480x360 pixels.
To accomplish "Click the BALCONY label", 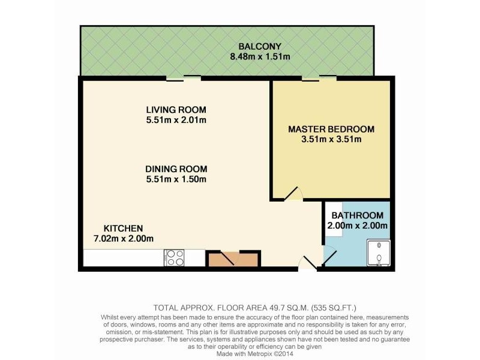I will point(260,47).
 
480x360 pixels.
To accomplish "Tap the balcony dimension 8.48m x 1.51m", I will point(260,57).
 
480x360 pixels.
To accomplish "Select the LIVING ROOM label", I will point(176,110).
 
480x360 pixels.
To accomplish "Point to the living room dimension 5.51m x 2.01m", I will point(176,120).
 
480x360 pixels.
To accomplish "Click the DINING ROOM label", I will point(176,169).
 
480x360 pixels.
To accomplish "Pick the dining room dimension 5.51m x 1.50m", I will point(176,179).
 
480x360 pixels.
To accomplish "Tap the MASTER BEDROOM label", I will point(331,129).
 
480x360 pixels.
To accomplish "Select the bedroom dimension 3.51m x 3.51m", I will point(331,140).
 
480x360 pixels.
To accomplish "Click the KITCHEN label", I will point(123,228).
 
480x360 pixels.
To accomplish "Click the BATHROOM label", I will point(358,215).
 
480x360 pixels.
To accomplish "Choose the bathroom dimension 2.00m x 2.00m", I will point(358,226).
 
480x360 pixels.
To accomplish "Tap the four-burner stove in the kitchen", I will point(175,257).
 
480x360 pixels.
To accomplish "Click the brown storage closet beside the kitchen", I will point(233,259).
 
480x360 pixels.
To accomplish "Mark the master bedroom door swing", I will point(293,193).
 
